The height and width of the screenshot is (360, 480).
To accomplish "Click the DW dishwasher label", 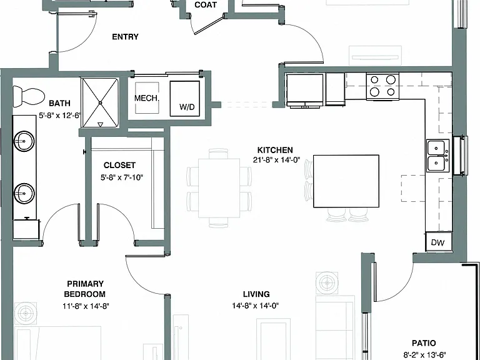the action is pos(437,242).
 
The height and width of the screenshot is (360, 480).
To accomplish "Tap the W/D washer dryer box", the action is pos(185,99).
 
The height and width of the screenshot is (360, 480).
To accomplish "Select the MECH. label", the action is pos(147,98).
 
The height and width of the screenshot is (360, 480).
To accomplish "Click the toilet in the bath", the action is pos(29,96).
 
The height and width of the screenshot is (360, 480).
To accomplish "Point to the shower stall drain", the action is pos(100,103).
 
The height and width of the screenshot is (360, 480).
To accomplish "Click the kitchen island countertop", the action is pos(346,181).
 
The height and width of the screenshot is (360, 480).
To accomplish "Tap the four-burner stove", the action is pos(382,86).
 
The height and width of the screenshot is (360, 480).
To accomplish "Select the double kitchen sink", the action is pos(437,156).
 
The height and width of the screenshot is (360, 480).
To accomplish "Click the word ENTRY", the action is pos(125,37).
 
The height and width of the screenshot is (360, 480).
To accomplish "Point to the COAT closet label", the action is pos(206,5).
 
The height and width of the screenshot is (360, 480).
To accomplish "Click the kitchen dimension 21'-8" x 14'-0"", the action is pos(276,160).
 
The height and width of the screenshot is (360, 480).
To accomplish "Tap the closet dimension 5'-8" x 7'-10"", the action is pos(122,177).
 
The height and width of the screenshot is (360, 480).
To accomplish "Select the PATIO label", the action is pos(424,343).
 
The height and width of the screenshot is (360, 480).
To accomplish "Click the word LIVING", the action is pos(256,294).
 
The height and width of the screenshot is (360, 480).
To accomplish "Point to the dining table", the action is pos(219,188).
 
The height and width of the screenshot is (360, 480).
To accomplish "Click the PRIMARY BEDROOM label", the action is pos(85,289).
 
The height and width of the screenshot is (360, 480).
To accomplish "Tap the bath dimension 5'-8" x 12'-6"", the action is pos(60,116).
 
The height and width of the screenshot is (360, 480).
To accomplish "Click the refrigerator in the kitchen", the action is pos(304,91).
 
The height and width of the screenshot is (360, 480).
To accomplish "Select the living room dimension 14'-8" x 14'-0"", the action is pos(255,306).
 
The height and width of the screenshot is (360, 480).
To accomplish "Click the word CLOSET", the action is pos(119,165).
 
